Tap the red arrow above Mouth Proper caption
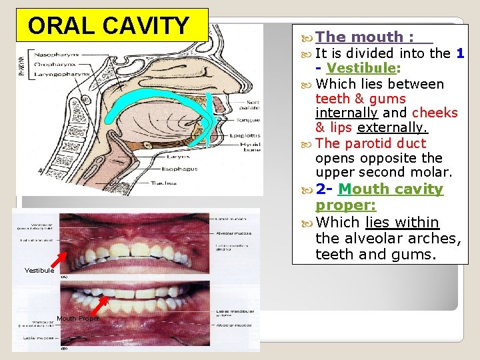tap(100, 305)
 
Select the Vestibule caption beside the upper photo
tap(39, 271)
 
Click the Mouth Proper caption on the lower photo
tap(78, 319)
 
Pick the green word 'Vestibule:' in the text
tap(363, 69)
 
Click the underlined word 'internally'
tap(345, 113)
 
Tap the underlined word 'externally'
tap(392, 127)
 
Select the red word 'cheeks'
tap(435, 113)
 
